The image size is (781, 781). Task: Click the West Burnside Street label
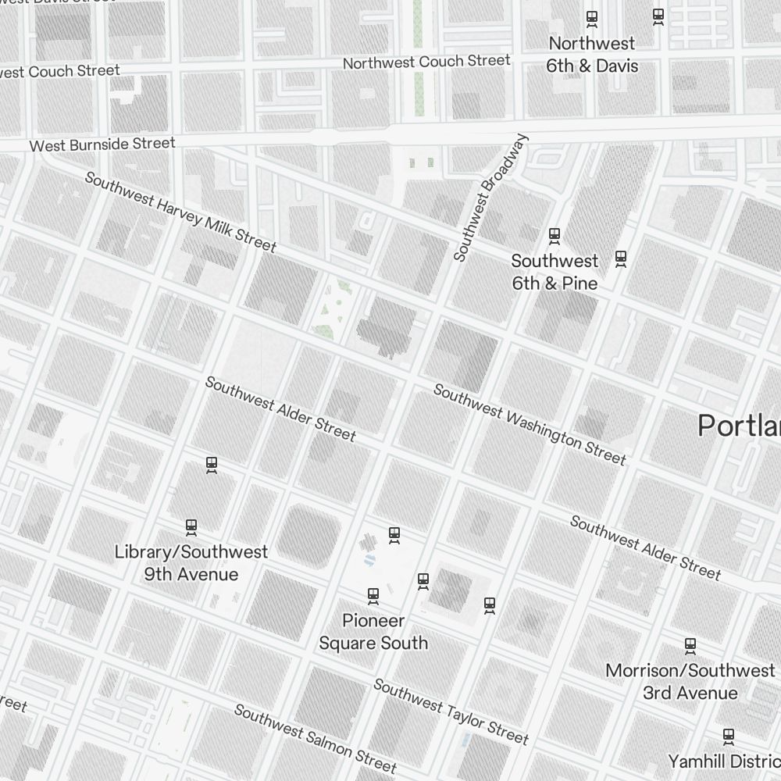point(102,144)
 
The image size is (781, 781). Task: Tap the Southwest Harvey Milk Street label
point(180,212)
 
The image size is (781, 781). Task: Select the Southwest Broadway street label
point(491,198)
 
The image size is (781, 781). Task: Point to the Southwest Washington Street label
point(530,424)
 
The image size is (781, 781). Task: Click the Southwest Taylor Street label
point(451,711)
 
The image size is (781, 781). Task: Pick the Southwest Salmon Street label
point(316,737)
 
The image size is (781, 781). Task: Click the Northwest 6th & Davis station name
point(591,55)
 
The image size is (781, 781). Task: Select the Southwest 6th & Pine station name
point(555,272)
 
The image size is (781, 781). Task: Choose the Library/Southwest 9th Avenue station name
point(191,563)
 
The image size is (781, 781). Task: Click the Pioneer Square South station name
point(373,632)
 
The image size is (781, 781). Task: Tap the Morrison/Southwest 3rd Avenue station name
point(690,682)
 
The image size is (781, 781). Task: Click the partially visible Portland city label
point(739,426)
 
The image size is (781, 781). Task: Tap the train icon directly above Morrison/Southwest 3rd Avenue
point(690,646)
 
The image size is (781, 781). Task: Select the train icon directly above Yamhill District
point(729,736)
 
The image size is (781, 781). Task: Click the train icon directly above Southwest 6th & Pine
point(555,234)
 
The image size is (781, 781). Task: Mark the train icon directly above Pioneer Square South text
point(373,595)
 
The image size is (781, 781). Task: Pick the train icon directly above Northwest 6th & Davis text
point(592,17)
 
